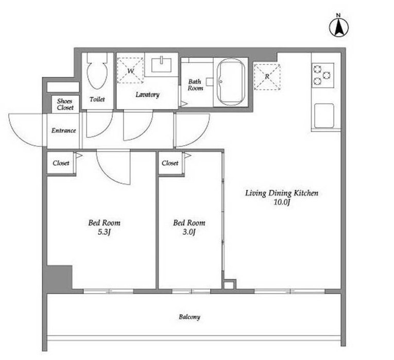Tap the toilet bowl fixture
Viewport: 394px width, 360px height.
(x=97, y=71)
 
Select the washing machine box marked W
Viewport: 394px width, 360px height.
(x=130, y=71)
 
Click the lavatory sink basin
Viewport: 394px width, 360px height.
(x=161, y=65)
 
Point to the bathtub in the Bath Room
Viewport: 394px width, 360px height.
(x=231, y=82)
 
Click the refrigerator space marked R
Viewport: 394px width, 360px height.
(x=267, y=77)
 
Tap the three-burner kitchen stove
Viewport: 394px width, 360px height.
(x=323, y=75)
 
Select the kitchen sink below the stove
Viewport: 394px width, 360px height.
(x=324, y=115)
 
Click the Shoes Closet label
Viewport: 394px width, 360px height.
(x=65, y=104)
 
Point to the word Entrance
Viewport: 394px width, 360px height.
(x=63, y=130)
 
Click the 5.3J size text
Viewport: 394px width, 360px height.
(x=104, y=232)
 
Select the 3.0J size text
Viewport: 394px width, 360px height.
(x=189, y=232)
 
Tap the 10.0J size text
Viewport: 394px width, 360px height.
(x=282, y=202)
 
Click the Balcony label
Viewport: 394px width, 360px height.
(x=190, y=317)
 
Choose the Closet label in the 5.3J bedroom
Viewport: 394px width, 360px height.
(x=61, y=163)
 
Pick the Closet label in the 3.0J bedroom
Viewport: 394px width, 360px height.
(x=170, y=163)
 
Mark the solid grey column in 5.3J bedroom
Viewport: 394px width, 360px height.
(x=60, y=278)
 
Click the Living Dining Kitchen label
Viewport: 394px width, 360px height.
(x=282, y=193)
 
